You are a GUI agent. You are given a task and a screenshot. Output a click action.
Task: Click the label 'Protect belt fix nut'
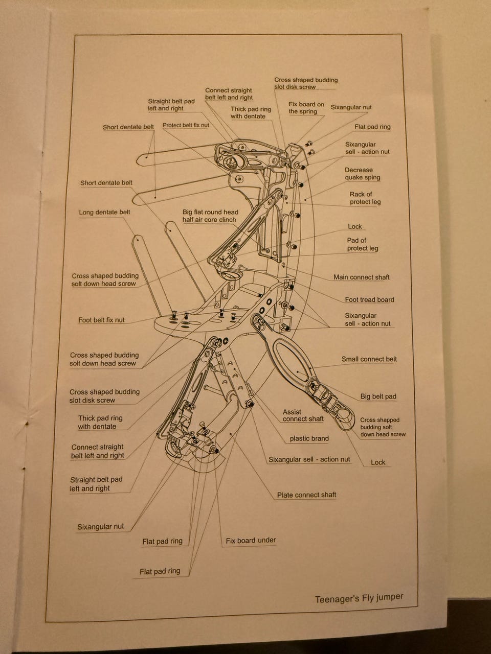coord(186,125)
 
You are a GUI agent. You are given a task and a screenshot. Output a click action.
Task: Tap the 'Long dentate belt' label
coord(104,212)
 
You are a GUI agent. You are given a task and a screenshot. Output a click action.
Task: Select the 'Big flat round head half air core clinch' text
coord(210,216)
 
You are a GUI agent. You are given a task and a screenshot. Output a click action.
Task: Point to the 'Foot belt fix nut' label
coord(101,320)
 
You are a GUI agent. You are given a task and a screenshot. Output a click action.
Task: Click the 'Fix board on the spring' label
coord(306,108)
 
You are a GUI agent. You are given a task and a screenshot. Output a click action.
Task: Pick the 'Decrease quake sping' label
coord(362,174)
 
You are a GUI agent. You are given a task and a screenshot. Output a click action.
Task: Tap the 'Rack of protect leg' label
coord(365,198)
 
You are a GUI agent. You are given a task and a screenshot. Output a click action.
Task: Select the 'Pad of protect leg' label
coord(362,244)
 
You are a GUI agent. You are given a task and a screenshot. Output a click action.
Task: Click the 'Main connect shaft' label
coord(361,277)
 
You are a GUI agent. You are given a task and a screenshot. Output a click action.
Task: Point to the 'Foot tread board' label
coord(369,300)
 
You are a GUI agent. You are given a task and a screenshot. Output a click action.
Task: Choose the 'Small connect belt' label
coord(369,359)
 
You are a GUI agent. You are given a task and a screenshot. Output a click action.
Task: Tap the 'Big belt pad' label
coord(378,396)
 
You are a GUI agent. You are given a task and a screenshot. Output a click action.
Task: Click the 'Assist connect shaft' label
coord(303,415)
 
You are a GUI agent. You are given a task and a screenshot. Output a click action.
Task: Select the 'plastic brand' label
coord(309,438)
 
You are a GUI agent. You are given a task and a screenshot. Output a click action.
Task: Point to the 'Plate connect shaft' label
coord(306,495)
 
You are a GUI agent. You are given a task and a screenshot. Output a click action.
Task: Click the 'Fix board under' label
coord(251,540)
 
